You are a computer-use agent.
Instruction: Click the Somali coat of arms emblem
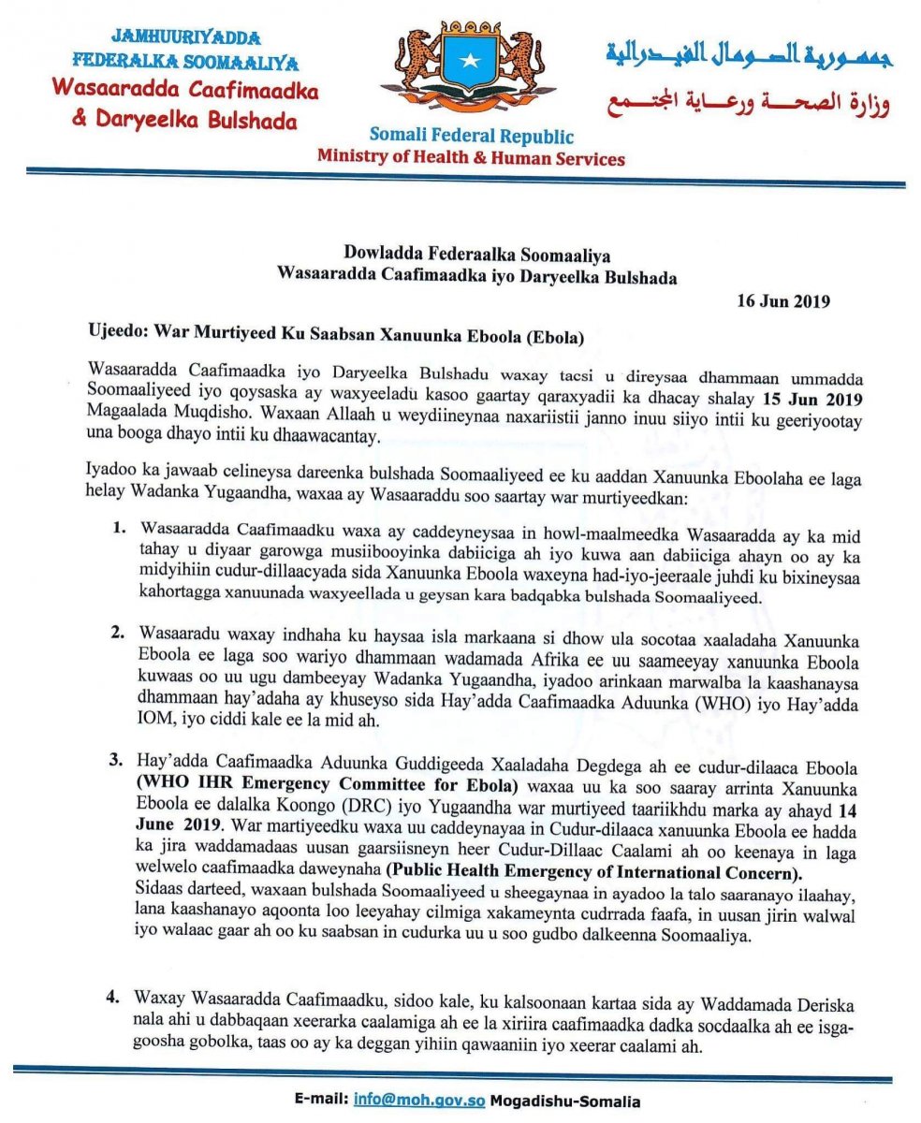(x=469, y=69)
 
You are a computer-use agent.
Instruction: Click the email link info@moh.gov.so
(x=418, y=1101)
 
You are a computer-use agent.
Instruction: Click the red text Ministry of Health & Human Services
(x=471, y=158)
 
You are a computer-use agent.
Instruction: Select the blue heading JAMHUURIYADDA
(x=185, y=39)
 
